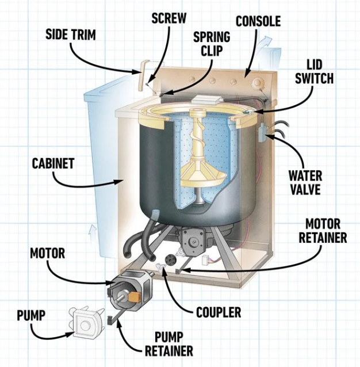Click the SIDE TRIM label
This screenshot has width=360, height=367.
pos(70,34)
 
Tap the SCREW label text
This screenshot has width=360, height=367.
pos(168,17)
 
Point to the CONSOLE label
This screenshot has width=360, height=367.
pos(258,22)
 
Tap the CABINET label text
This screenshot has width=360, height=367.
pos(53,163)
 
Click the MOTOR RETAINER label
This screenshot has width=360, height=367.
pos(326,230)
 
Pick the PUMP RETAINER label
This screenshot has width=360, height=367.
pos(165,343)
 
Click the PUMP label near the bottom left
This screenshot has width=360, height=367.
pos(31,315)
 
